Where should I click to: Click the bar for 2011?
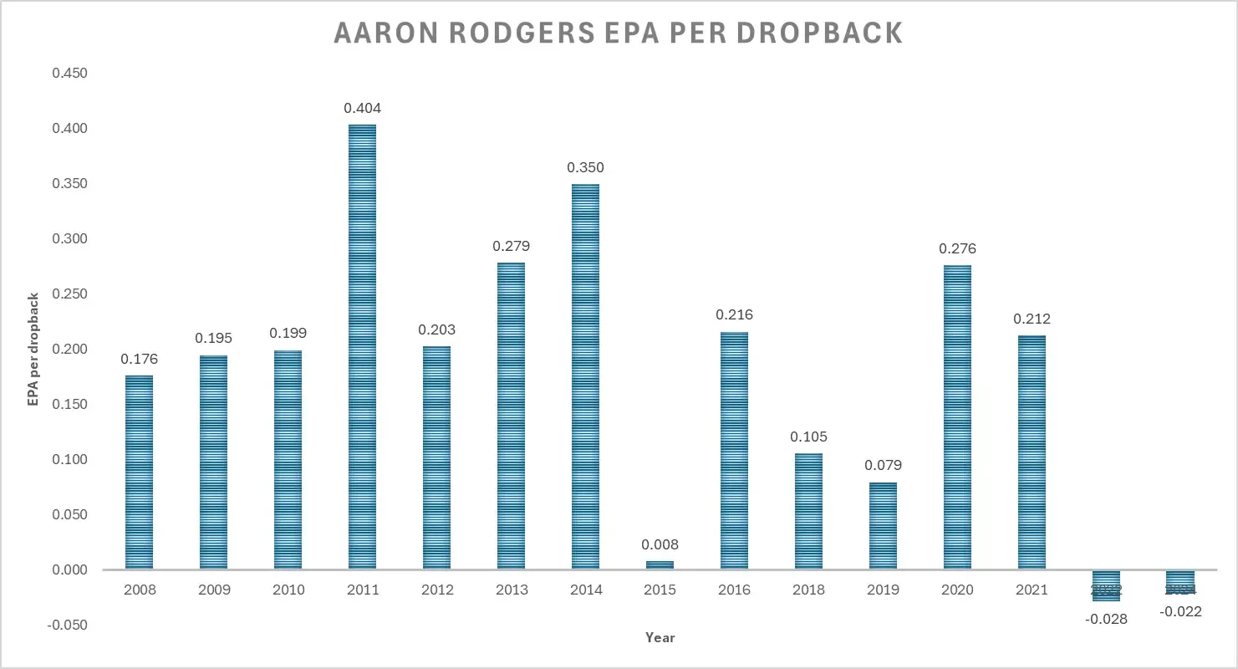[362, 347]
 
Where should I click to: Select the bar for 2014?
[585, 376]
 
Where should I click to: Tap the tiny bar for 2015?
[660, 565]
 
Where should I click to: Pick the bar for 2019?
[883, 526]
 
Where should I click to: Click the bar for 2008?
[139, 472]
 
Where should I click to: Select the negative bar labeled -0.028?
[1106, 585]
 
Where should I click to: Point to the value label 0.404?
[362, 108]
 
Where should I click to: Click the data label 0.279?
[511, 247]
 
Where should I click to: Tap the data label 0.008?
[660, 544]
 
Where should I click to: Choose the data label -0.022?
[1180, 611]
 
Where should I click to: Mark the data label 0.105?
[808, 437]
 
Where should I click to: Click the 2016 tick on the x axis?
[734, 590]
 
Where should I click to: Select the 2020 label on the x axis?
[957, 590]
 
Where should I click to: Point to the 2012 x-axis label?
[436, 590]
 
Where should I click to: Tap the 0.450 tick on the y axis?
[69, 74]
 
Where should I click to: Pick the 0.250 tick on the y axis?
[69, 294]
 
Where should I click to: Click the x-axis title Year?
[660, 637]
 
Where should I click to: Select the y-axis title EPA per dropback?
[33, 349]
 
